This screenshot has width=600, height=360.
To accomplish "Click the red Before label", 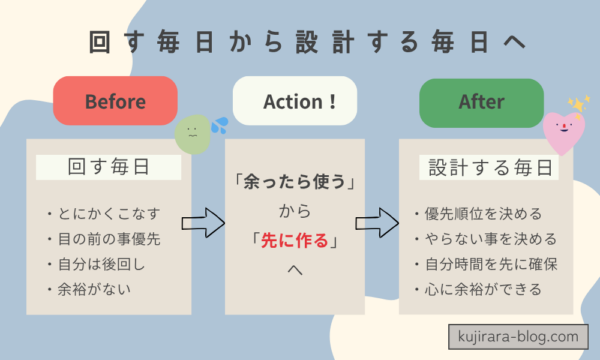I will (x=115, y=101).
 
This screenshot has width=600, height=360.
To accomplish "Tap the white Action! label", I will (x=295, y=101).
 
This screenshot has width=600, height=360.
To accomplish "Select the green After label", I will (x=481, y=101).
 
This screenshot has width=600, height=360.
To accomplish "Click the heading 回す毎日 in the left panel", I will (x=107, y=166).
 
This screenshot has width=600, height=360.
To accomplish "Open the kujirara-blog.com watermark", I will (x=512, y=336).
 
